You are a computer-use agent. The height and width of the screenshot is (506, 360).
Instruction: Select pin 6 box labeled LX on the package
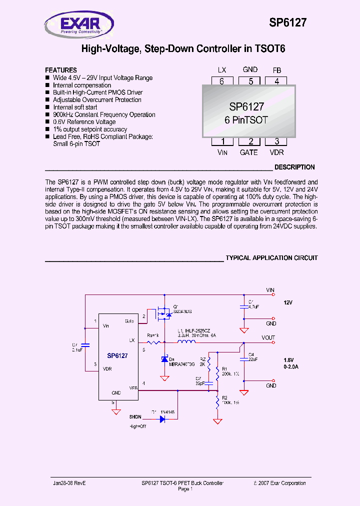click(221, 81)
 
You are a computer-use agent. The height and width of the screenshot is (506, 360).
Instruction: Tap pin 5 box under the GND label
click(249, 81)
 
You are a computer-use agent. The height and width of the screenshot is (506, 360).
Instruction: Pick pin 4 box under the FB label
click(276, 81)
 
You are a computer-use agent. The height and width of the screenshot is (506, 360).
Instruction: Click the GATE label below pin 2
click(248, 152)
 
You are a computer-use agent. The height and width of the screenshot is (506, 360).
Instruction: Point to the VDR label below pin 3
click(276, 152)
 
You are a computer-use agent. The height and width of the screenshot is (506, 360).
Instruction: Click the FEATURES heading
click(61, 70)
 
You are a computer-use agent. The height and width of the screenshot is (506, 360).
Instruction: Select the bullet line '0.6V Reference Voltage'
click(84, 122)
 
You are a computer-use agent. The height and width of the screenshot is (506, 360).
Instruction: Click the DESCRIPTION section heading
click(294, 167)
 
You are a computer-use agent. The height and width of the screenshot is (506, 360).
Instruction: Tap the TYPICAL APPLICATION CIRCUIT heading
click(271, 258)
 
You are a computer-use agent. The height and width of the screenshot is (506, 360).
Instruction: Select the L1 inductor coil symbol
click(187, 342)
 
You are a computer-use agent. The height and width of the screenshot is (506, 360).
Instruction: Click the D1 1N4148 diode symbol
click(162, 419)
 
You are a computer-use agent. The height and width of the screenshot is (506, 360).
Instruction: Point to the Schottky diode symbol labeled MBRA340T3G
click(164, 359)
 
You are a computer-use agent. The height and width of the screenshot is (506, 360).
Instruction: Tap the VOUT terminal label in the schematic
click(268, 338)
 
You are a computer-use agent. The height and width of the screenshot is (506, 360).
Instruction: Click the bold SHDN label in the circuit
click(135, 416)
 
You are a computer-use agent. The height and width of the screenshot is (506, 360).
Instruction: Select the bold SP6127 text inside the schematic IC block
click(117, 356)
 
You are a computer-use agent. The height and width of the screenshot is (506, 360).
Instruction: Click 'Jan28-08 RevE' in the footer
click(69, 483)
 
